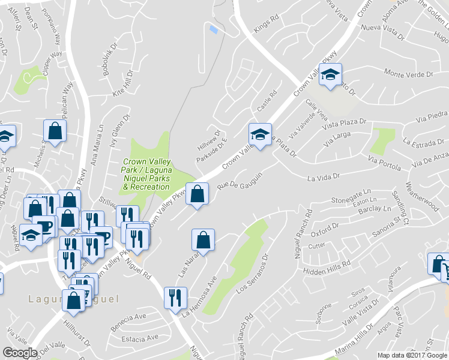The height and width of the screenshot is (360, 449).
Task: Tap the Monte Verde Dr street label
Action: pos(408,74)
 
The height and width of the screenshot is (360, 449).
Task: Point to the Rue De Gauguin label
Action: pos(240,180)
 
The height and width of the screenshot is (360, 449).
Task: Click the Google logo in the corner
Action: pos(20,353)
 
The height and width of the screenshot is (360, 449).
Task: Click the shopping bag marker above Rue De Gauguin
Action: pos(197,194)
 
